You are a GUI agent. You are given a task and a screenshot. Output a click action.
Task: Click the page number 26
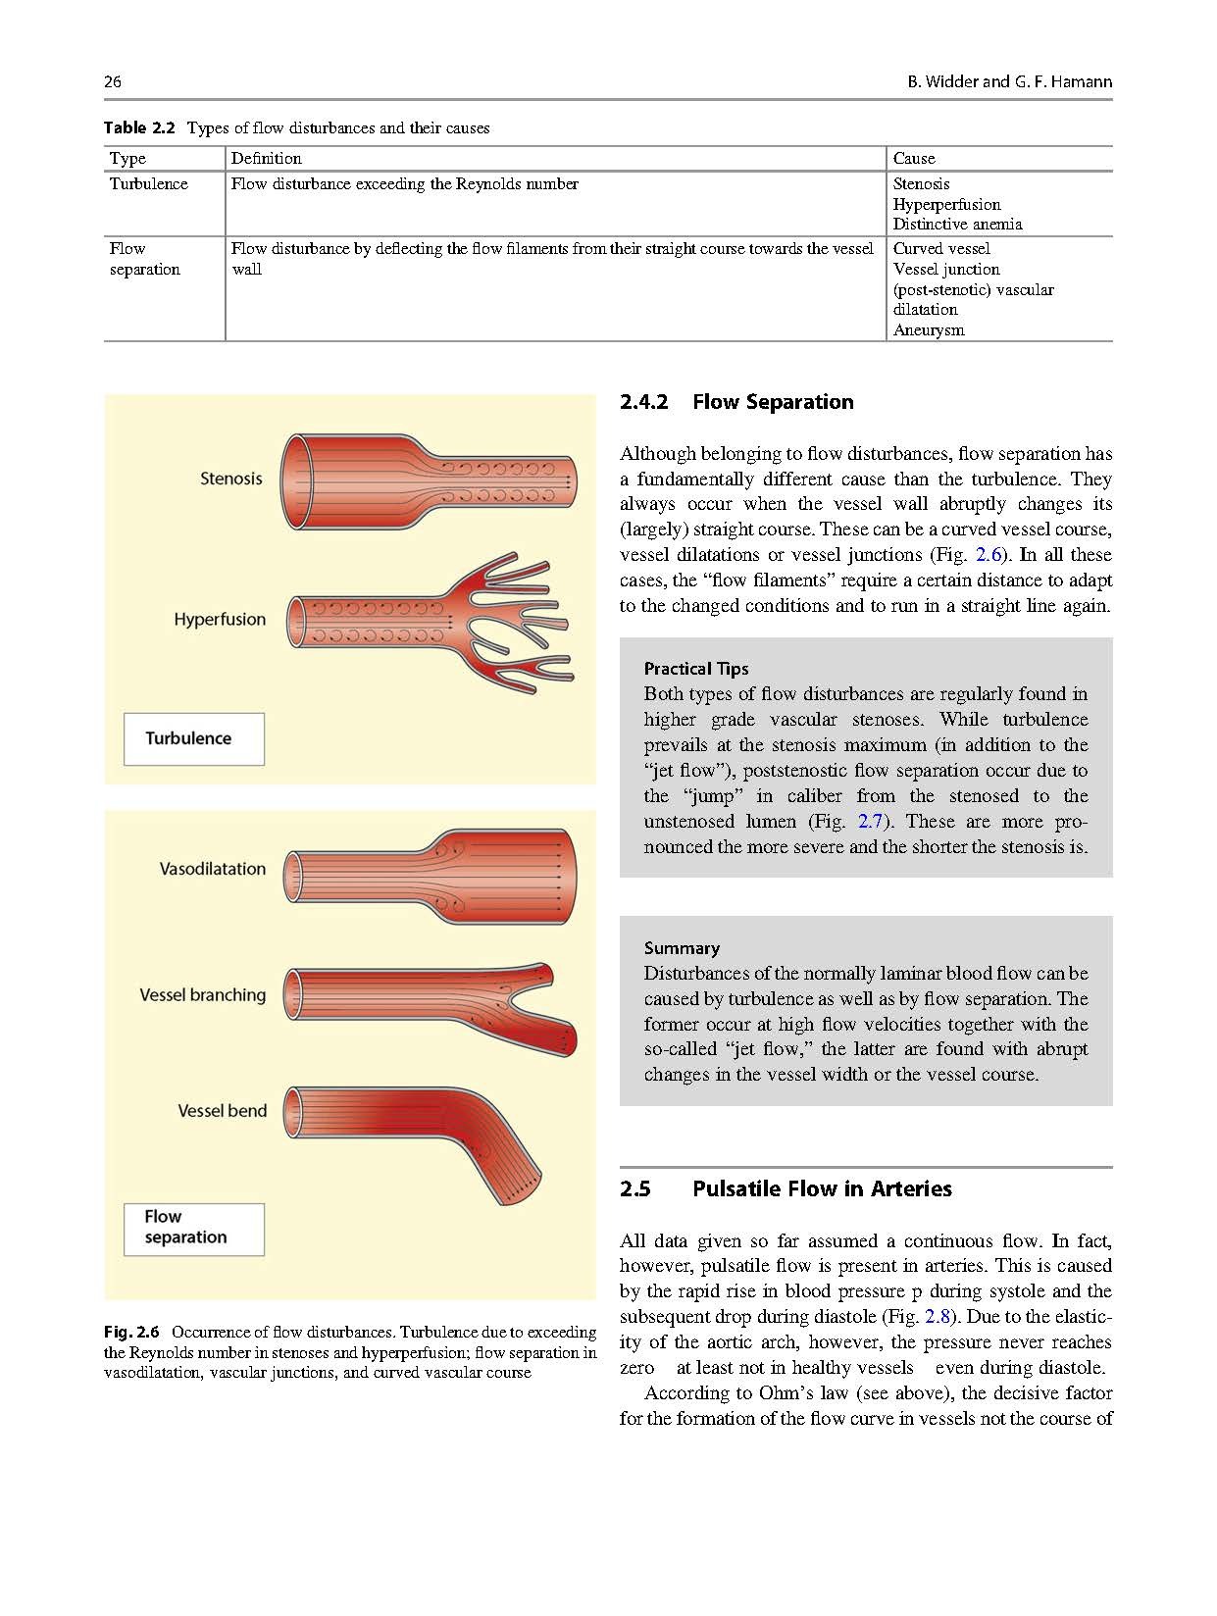113,81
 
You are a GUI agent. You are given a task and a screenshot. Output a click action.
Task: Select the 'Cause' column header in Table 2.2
914,158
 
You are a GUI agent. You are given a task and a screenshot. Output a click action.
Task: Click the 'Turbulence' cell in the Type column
149,183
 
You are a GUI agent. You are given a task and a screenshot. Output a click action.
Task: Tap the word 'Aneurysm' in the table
929,329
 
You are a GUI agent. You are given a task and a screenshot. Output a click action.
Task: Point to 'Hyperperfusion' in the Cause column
946,204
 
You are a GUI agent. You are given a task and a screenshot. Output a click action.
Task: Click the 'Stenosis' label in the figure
231,479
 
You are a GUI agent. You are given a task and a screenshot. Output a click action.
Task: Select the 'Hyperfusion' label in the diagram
220,620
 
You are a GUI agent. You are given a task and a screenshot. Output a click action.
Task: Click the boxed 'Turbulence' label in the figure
188,738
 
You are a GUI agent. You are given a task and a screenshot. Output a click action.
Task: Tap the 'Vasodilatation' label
213,869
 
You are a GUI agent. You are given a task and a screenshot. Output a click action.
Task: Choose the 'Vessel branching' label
203,994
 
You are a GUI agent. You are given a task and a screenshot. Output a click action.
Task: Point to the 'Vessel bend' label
223,1111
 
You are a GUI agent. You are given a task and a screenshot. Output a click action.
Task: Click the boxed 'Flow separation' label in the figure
185,1227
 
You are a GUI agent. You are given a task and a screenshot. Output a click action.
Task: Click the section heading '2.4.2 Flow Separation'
736,402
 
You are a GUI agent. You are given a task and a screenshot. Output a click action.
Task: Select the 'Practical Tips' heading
696,669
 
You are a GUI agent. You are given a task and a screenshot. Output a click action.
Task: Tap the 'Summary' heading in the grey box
682,948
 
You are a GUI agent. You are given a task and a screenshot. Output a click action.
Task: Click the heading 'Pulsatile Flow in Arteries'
822,1188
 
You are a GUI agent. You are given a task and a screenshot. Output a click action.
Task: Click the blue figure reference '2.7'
871,822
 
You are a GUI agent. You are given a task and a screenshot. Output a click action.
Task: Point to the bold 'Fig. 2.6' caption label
131,1332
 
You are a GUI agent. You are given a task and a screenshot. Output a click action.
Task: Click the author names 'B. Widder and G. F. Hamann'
1009,81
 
